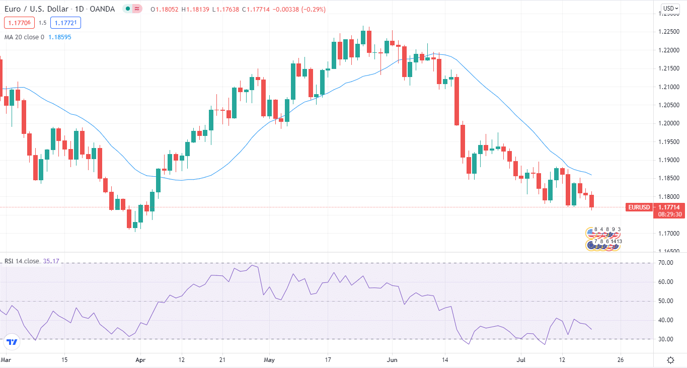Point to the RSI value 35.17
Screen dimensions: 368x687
51,261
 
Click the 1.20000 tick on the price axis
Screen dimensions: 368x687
669,124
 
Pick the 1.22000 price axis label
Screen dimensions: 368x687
669,50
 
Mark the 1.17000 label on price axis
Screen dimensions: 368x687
669,234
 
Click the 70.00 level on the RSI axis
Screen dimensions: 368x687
666,263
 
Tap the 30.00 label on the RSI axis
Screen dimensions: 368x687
666,339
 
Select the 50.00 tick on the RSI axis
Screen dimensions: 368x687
666,301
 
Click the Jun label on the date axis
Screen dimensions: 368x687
392,360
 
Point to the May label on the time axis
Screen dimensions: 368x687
269,360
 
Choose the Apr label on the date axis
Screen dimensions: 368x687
140,360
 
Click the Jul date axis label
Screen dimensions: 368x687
521,360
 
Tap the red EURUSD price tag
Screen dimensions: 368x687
639,207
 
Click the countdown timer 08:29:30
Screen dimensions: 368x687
669,214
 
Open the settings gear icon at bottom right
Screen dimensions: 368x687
670,360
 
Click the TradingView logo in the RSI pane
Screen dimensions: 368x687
12,342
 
